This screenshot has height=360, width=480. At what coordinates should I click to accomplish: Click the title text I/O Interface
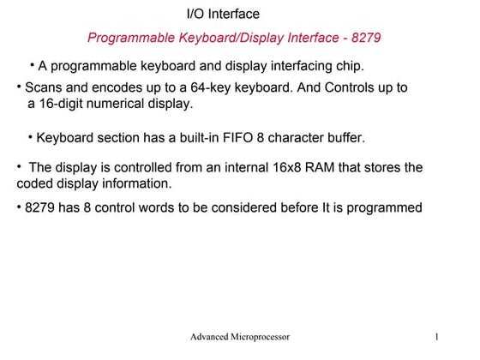[x=222, y=15]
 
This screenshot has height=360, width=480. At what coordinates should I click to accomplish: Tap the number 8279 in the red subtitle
[x=364, y=39]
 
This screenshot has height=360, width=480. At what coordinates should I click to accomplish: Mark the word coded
[x=35, y=183]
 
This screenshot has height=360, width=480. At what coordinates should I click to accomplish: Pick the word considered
[x=255, y=207]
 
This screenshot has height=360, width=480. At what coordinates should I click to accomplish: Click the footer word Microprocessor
[x=258, y=338]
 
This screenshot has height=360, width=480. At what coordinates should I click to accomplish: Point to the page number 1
[x=437, y=338]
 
